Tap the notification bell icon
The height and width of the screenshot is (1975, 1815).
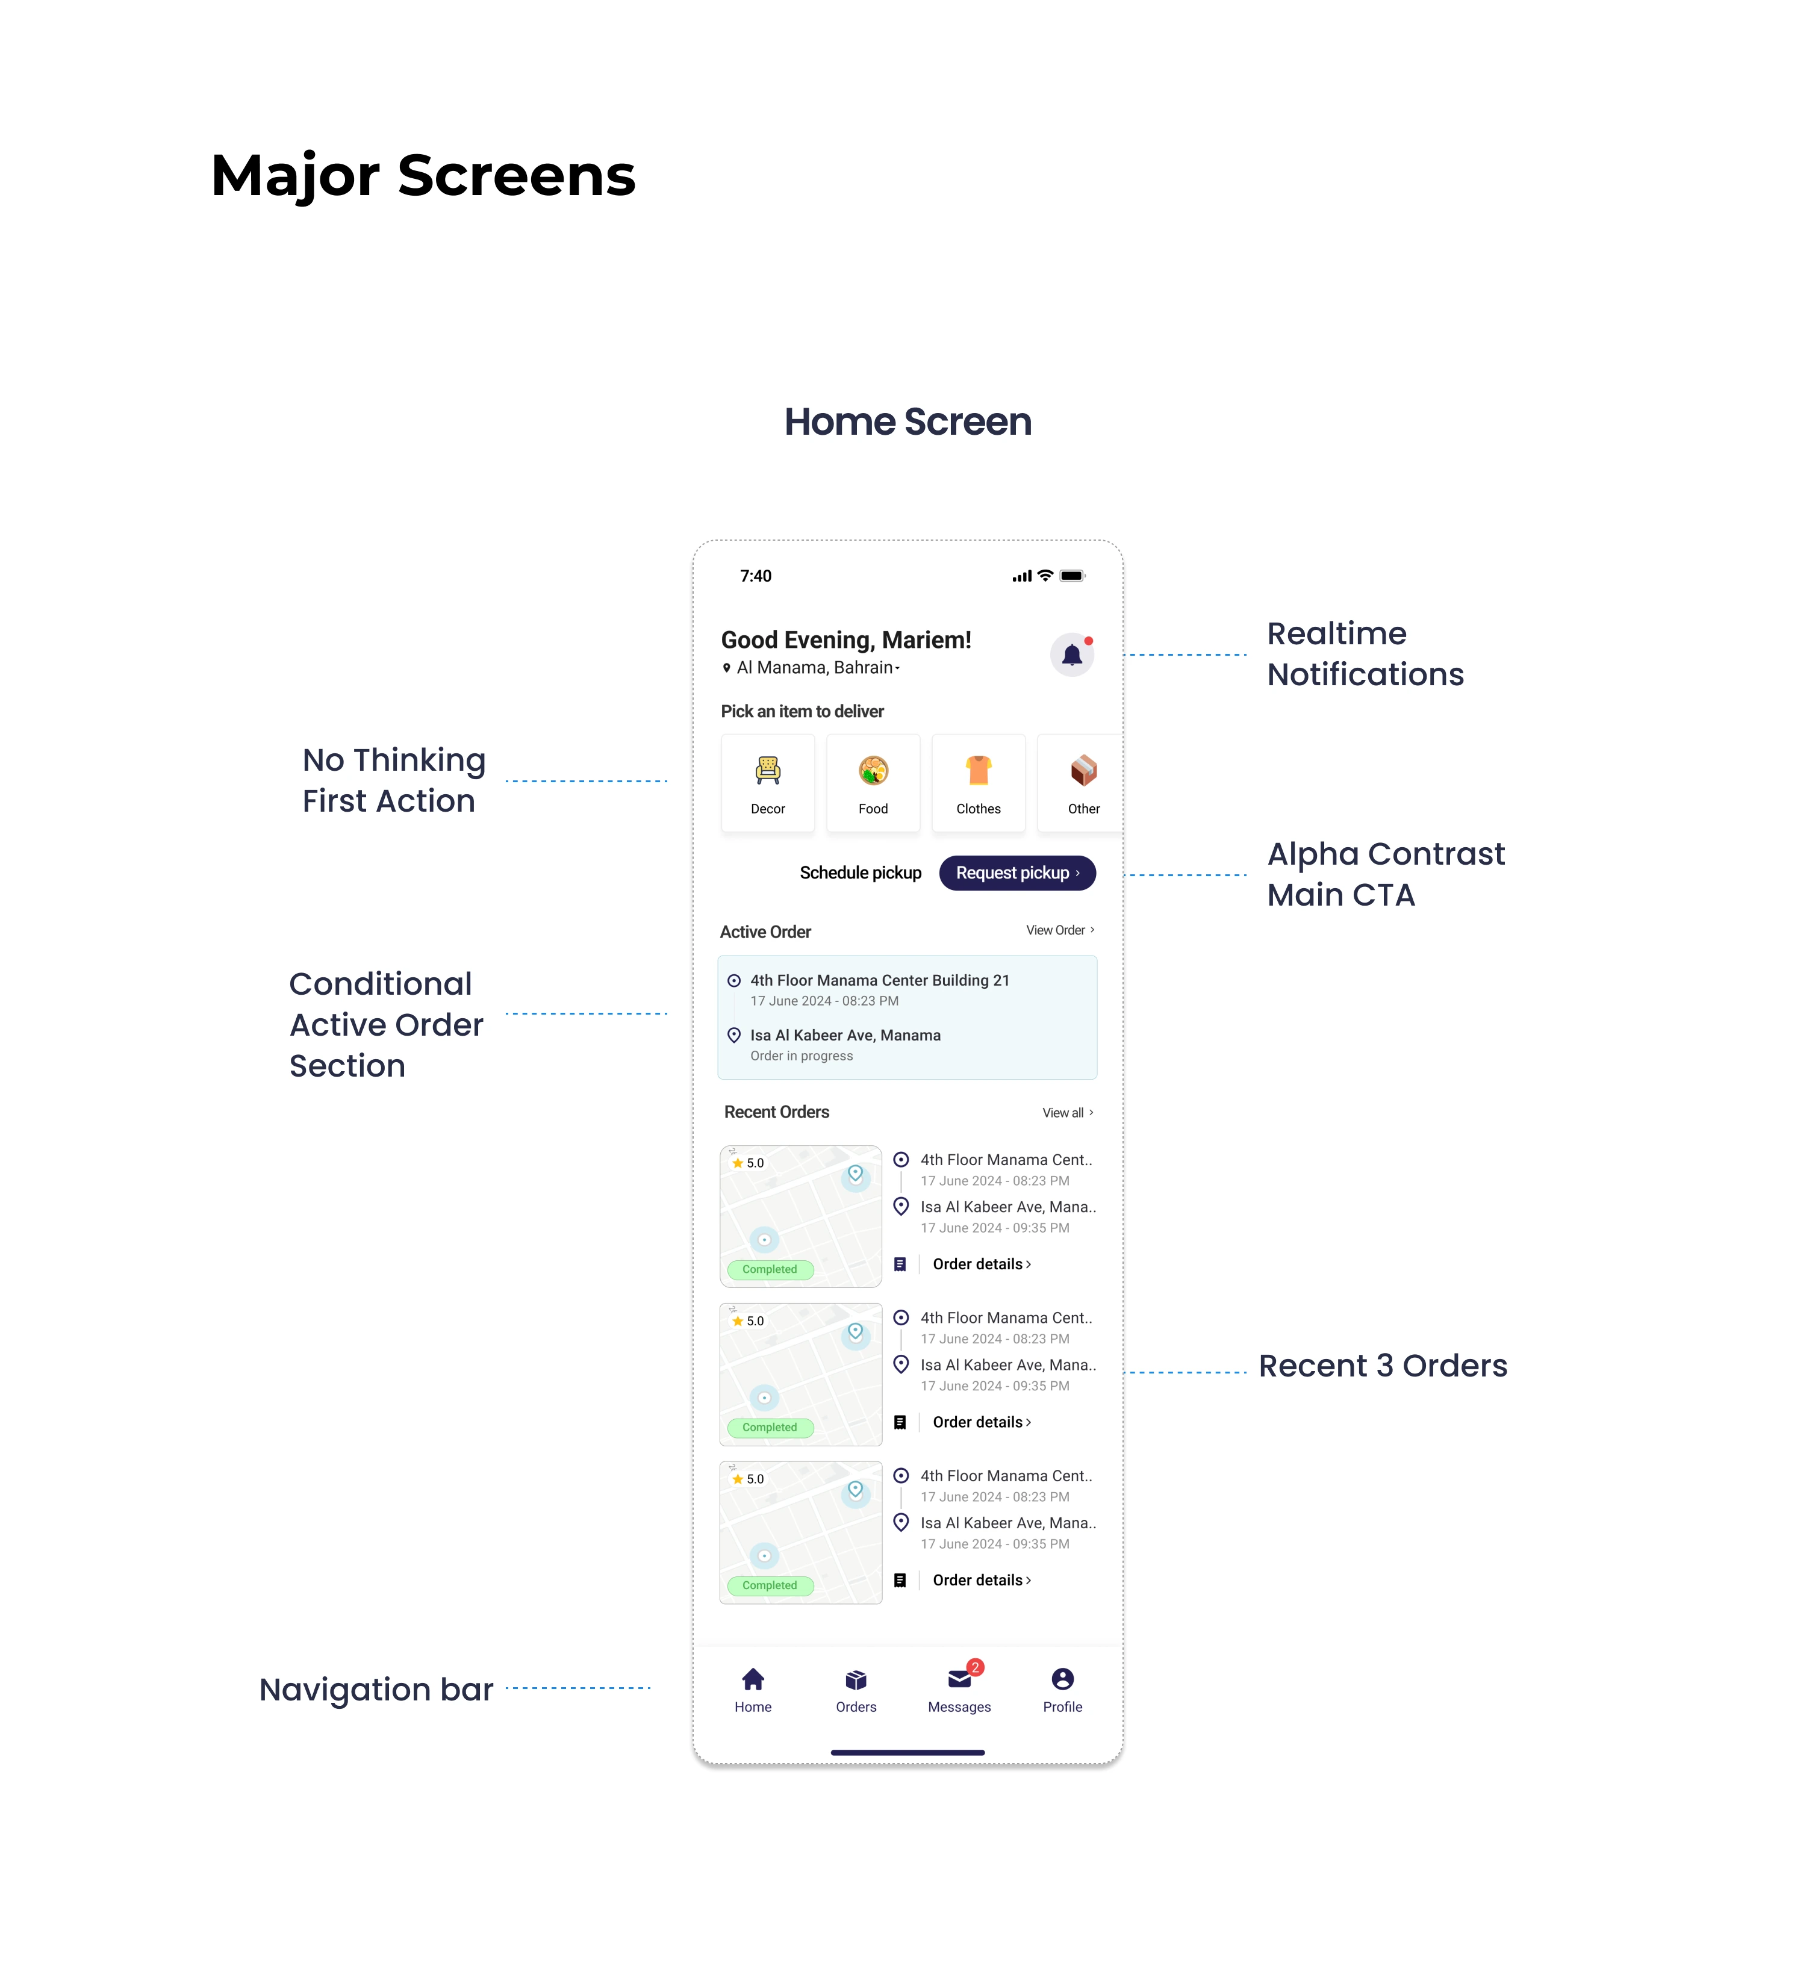[x=1071, y=655]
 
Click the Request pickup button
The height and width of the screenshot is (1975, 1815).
[x=1016, y=873]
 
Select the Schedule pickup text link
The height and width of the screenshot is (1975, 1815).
[x=861, y=873]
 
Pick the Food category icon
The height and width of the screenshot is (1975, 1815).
[x=873, y=771]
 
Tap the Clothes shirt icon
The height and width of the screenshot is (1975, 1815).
[x=978, y=771]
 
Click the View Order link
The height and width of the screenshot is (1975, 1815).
[x=1060, y=930]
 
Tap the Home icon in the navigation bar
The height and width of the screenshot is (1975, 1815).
[x=753, y=1679]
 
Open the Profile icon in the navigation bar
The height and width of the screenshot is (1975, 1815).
[x=1063, y=1679]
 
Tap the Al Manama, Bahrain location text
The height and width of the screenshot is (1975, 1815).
[x=815, y=668]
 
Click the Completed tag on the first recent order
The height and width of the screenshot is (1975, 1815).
[x=770, y=1270]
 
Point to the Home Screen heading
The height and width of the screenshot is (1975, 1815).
[x=907, y=421]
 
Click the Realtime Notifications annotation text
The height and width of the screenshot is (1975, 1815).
[x=1365, y=654]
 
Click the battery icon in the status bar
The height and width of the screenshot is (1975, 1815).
[x=1072, y=576]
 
